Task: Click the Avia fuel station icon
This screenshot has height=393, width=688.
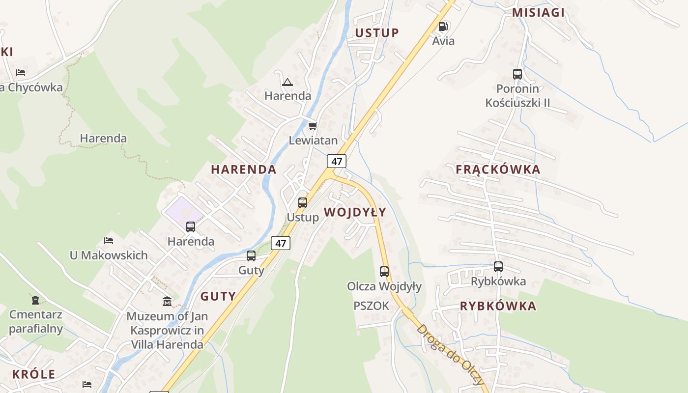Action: [443, 27]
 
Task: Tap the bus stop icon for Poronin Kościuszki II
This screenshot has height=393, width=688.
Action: [517, 74]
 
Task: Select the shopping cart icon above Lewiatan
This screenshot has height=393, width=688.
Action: [313, 126]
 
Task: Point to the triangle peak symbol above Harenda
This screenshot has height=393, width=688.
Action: [287, 82]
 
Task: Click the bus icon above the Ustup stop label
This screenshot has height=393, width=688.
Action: [303, 202]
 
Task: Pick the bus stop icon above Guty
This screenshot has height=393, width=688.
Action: [251, 256]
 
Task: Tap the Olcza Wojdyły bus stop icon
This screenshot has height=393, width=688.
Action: [384, 271]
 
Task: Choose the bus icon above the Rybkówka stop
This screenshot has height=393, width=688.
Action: [498, 267]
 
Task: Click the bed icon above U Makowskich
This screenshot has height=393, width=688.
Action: [109, 241]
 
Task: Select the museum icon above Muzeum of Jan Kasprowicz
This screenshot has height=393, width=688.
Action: [167, 301]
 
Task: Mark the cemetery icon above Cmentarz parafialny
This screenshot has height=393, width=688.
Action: [35, 300]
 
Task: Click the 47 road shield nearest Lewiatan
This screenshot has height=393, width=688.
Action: [336, 161]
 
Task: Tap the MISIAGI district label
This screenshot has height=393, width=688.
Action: [538, 13]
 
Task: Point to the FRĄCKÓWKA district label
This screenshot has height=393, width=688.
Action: [498, 169]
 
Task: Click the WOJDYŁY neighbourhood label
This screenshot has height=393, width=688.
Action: [355, 212]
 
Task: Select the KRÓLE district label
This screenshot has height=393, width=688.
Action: [33, 374]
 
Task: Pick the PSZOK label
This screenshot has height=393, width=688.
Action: [371, 306]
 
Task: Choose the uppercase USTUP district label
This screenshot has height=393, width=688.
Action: [377, 33]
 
